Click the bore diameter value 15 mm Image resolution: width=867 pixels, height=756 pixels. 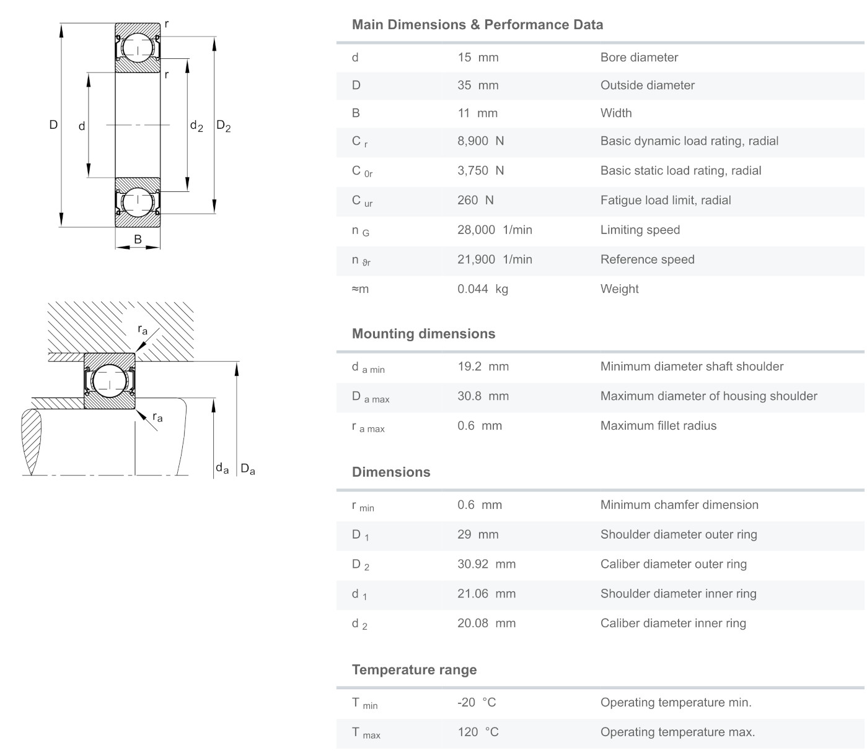pos(478,58)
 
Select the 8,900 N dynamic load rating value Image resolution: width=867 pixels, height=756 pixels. pos(480,141)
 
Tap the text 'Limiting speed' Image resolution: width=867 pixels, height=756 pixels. pos(640,230)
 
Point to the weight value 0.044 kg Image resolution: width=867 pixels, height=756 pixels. pos(482,289)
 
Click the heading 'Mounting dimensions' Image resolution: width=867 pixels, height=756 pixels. pos(423,334)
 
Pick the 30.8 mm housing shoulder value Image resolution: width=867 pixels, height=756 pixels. pos(483,396)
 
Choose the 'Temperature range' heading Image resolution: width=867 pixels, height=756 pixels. pos(414,670)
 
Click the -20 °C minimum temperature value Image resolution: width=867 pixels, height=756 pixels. pos(477,703)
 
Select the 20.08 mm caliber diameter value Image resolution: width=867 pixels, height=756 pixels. pos(486,623)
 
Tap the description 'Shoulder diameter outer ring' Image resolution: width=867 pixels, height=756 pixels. pos(678,535)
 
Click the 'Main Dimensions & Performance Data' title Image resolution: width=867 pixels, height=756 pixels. pos(477,25)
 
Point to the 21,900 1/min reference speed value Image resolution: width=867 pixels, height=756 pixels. pos(495,260)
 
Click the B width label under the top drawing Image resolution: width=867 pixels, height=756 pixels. pos(138,239)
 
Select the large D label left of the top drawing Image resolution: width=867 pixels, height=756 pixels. pos(53,125)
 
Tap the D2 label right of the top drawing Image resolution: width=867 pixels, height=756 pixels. pos(223,126)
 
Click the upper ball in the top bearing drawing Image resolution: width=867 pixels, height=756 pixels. pos(137,48)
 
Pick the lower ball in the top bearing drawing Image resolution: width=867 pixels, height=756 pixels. pos(137,202)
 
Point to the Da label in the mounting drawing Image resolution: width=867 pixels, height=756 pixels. pos(247,469)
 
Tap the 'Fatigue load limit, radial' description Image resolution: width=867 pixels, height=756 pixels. pos(665,201)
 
